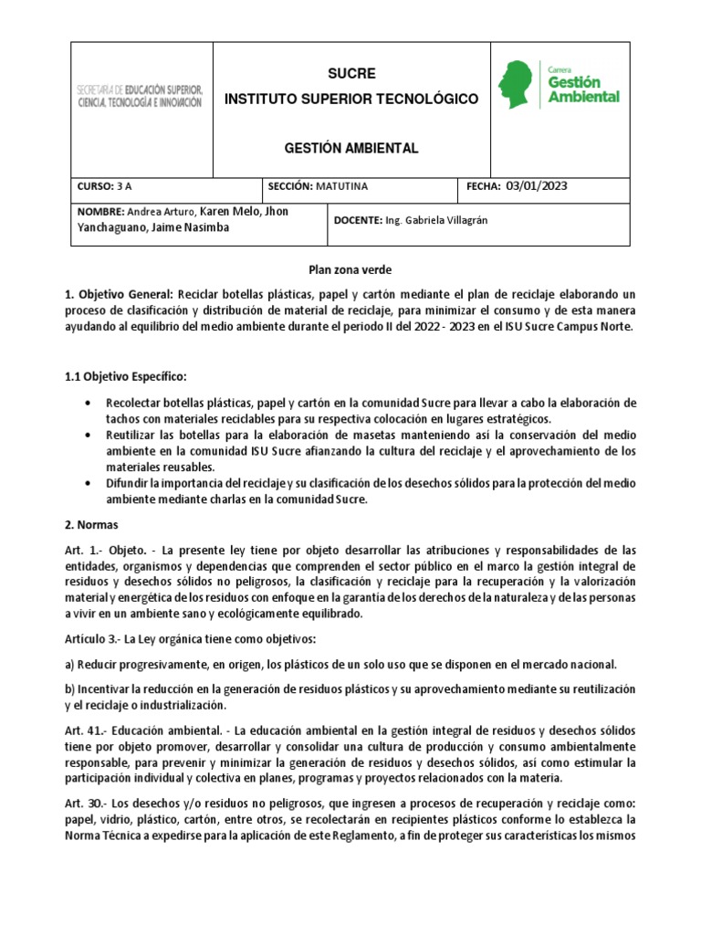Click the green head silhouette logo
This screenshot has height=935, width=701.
[x=518, y=85]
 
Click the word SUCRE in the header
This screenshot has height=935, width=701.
[x=351, y=73]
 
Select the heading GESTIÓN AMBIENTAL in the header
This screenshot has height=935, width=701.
[x=351, y=148]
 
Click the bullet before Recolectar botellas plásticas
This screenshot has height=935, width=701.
[x=86, y=403]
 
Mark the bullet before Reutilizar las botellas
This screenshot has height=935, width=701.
[x=86, y=436]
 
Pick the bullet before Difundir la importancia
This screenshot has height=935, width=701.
[x=86, y=482]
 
